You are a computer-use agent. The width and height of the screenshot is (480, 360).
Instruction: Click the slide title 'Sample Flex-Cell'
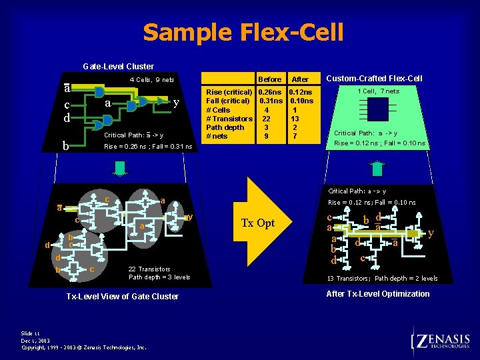[x=243, y=32]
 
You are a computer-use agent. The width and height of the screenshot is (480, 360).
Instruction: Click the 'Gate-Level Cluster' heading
[x=118, y=66]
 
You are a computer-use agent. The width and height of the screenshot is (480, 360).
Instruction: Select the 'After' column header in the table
[x=300, y=79]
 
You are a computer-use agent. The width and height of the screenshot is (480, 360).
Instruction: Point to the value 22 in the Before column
[x=266, y=119]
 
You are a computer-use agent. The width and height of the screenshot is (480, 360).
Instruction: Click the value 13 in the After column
[x=295, y=119]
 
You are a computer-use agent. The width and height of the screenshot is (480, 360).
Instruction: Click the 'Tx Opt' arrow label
[x=257, y=223]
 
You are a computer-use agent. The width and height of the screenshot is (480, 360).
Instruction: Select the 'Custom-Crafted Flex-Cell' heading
[x=374, y=79]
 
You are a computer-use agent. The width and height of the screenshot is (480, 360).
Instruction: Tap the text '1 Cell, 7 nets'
[x=378, y=91]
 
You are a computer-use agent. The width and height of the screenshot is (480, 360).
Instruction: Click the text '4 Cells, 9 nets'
[x=151, y=80]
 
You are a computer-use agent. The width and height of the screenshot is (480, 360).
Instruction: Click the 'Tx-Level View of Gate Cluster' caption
[x=123, y=296]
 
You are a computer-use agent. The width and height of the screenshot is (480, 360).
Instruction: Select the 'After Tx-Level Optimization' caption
[x=377, y=294]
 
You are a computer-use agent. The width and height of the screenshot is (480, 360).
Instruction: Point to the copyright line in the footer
[x=84, y=347]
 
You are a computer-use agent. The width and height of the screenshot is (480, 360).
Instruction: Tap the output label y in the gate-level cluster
[x=175, y=103]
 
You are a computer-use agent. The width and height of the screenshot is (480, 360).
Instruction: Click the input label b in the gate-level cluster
[x=65, y=145]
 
